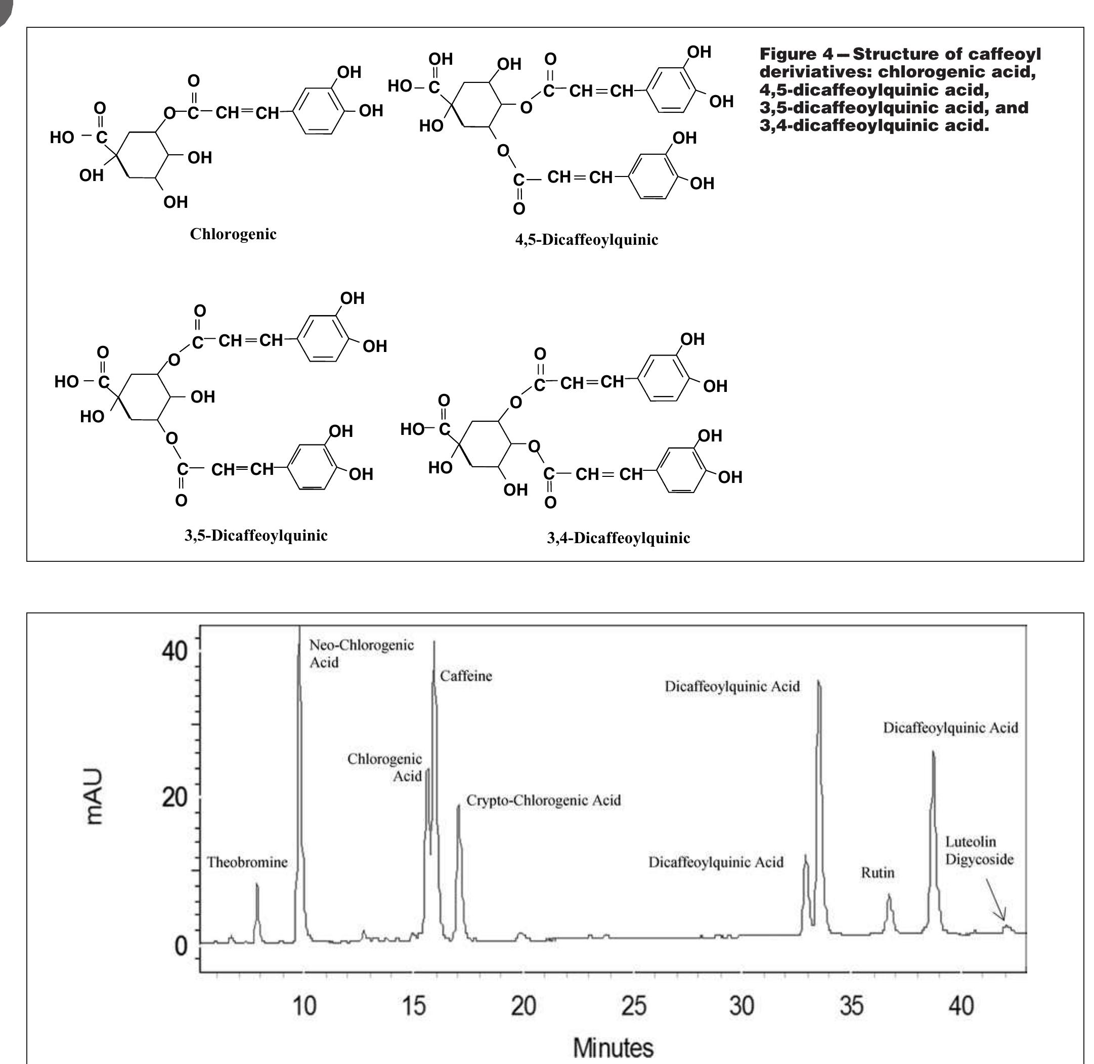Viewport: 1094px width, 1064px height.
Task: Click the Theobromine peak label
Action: tap(247, 862)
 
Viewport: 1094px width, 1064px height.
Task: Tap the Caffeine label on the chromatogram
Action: tap(466, 676)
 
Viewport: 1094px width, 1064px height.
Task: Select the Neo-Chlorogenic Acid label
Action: tap(361, 653)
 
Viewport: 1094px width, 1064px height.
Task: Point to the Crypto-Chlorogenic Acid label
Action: tap(543, 800)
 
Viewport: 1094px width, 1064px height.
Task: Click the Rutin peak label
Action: tap(877, 872)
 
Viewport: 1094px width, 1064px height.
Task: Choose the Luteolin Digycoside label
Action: tap(979, 850)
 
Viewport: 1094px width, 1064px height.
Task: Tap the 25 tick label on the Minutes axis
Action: tap(633, 1006)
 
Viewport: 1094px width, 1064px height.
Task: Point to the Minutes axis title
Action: tap(612, 1047)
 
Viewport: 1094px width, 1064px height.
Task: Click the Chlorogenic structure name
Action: tap(233, 234)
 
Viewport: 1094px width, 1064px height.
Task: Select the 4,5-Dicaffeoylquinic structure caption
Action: tap(586, 240)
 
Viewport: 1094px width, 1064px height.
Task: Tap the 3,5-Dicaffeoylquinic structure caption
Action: tap(256, 536)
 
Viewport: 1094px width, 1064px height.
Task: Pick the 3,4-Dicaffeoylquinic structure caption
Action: tap(618, 538)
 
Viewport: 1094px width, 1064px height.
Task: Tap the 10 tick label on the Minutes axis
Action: tap(304, 1006)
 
